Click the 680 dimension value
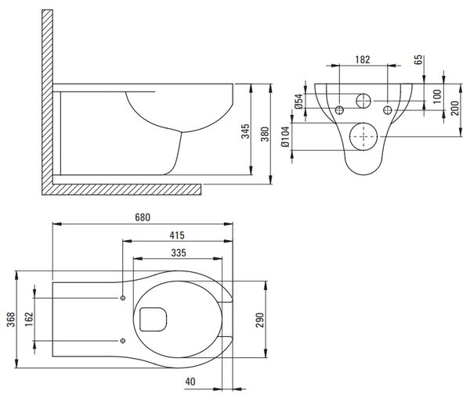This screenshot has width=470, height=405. pos(143,217)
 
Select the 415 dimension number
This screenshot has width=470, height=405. pos(177,235)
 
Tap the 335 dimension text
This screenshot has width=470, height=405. pos(179,253)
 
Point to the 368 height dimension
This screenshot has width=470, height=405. pos(11,319)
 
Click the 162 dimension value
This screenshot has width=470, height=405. pos(29,319)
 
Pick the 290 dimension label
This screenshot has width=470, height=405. pos(260,320)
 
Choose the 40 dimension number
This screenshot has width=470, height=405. pos(190,382)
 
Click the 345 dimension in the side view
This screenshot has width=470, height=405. pos(245,131)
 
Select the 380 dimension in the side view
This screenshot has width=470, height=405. pos(265,134)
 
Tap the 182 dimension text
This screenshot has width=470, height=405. pos(363,59)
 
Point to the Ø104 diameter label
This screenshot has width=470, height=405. pos(286,137)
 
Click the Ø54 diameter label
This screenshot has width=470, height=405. pos(298,101)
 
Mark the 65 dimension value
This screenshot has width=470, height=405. pos(418,59)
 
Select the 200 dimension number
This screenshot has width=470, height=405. pos(454,108)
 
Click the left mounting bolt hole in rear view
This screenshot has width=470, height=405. pos(339,110)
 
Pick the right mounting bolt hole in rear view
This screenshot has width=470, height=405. pos(388,110)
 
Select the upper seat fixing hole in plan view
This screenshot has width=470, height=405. pos(123,298)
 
